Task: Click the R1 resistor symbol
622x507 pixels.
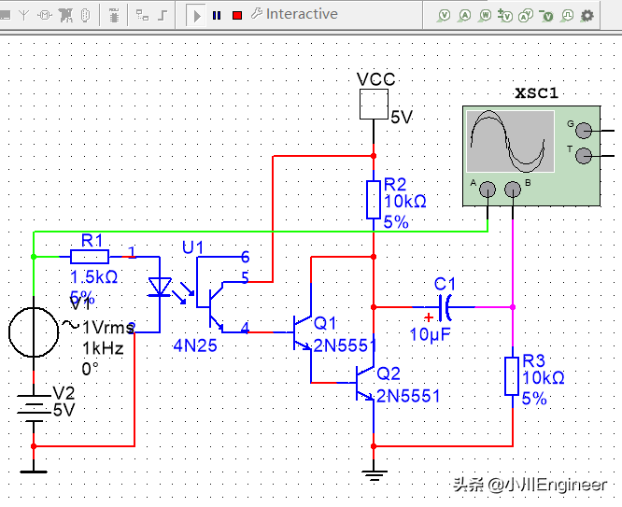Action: [x=90, y=256]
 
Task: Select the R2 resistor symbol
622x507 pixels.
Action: [x=373, y=199]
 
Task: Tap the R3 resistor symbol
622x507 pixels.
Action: [x=511, y=375]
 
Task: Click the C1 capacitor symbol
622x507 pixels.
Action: [x=445, y=305]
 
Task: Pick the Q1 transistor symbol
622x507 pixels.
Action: [x=302, y=331]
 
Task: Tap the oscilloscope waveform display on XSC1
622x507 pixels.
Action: [x=509, y=142]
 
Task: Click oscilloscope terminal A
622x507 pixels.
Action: [x=487, y=190]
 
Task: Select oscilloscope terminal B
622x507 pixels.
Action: [x=512, y=190]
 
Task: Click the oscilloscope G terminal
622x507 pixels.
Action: [x=584, y=131]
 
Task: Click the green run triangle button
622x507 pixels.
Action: [x=196, y=15]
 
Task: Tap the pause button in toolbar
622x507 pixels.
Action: [x=217, y=15]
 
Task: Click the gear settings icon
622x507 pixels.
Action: [x=587, y=15]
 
